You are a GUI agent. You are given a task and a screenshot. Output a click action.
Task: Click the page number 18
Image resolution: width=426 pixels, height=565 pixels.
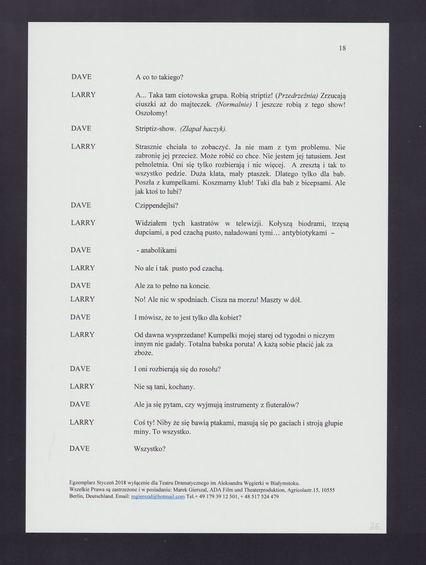click(x=342, y=48)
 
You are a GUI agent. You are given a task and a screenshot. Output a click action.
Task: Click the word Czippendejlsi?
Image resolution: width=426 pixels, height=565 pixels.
click(x=157, y=205)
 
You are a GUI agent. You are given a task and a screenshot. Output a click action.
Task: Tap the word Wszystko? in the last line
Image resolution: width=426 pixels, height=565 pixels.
click(x=151, y=449)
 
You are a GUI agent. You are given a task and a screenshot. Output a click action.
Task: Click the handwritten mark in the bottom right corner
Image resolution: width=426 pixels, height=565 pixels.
click(x=376, y=525)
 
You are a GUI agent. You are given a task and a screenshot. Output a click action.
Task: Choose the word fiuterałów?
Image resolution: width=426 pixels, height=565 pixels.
click(x=280, y=404)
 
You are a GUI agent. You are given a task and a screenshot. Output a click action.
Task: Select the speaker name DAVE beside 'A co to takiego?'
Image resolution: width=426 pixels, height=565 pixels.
click(x=81, y=77)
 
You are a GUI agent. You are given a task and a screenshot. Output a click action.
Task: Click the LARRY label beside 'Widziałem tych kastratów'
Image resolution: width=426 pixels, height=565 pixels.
click(x=83, y=223)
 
